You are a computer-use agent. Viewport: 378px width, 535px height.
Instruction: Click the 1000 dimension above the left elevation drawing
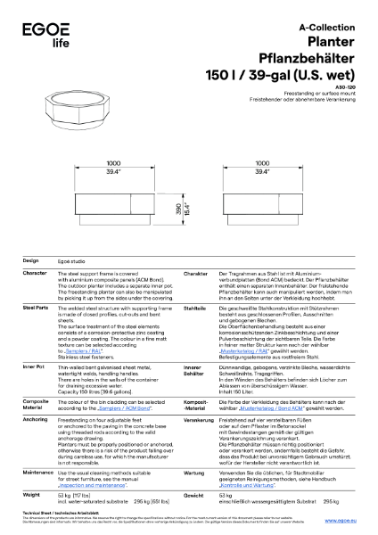click(113, 164)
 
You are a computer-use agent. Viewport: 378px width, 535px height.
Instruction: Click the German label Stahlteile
click(194, 305)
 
